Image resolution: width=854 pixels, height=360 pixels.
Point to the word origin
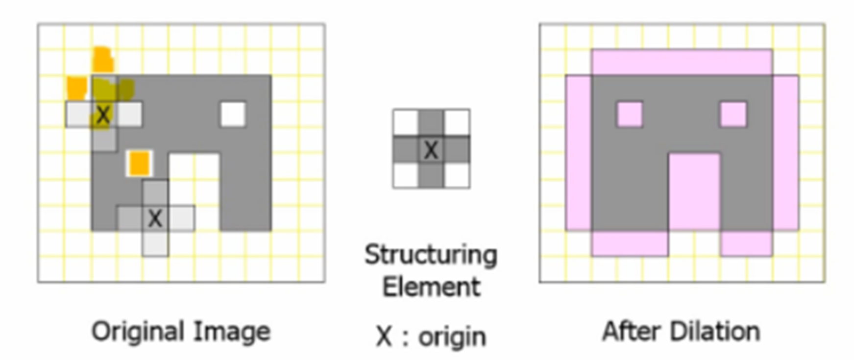click(x=452, y=337)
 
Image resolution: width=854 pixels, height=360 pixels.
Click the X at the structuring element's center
click(x=431, y=150)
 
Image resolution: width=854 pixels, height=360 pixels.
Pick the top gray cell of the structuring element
click(x=431, y=122)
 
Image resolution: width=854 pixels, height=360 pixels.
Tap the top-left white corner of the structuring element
click(x=406, y=122)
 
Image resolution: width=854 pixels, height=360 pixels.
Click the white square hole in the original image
click(x=233, y=114)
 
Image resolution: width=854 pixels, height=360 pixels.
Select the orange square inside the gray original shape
click(x=139, y=163)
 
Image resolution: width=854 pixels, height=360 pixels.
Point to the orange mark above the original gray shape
click(x=103, y=59)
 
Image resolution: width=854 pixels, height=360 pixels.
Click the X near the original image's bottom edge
click(x=155, y=218)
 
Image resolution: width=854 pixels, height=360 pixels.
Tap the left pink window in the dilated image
click(x=630, y=114)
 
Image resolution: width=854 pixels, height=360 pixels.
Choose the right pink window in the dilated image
click(x=733, y=114)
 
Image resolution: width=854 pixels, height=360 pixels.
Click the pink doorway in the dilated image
click(x=694, y=191)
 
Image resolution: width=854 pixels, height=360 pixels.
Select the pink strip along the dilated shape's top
click(x=682, y=62)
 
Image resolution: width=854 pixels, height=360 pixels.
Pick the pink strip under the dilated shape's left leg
click(x=630, y=243)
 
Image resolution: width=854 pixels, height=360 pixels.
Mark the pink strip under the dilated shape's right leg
click(x=746, y=243)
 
